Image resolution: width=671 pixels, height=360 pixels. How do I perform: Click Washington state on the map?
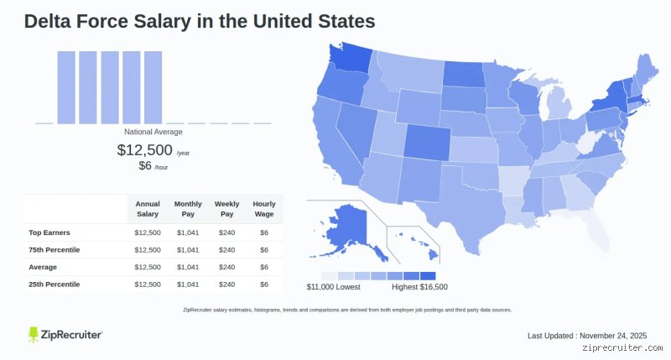coord(349,60)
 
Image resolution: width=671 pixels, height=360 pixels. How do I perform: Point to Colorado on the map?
coord(427,142)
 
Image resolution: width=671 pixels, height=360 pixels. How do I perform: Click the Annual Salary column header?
coord(148,209)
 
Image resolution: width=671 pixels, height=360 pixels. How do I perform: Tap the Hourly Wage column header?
coord(264,209)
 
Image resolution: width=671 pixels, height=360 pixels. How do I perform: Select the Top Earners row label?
coord(49,232)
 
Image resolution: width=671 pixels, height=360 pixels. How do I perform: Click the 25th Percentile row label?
coord(54,284)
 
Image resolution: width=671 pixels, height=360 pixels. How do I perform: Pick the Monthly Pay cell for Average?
coord(188,267)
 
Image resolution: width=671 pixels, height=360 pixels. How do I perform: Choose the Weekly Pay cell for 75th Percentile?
coord(226,250)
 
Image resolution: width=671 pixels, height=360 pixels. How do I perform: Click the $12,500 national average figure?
coord(144,150)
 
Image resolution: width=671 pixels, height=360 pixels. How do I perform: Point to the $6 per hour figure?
coord(145,165)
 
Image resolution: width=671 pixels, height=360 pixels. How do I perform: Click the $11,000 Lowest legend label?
coord(333,287)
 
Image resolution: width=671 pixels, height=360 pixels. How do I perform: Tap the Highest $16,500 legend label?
coord(420,287)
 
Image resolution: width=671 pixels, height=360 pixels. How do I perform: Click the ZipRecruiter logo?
coord(65,335)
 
